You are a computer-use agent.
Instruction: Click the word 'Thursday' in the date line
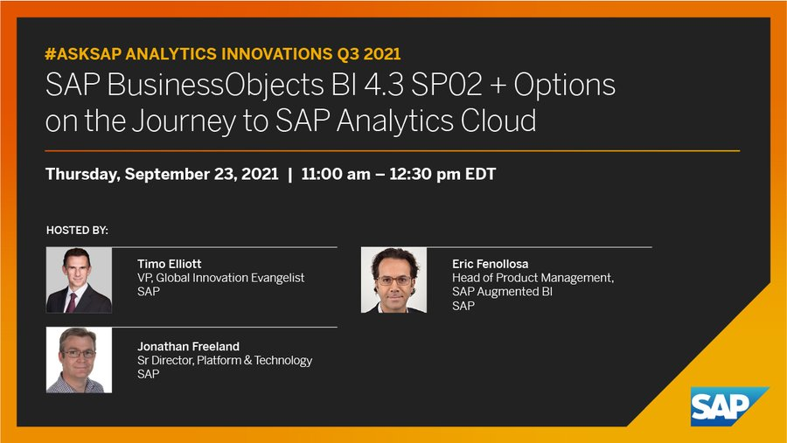(x=82, y=174)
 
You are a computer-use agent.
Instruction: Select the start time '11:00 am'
(x=333, y=174)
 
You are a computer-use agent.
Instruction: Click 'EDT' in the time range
(x=478, y=174)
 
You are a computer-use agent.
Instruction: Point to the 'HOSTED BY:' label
(x=77, y=231)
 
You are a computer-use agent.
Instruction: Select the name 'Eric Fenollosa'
(x=490, y=263)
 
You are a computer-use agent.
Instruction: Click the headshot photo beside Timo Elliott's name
(x=79, y=280)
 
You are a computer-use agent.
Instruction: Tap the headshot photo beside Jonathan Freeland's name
(x=79, y=360)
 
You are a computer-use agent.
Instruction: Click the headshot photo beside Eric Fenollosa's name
(x=393, y=280)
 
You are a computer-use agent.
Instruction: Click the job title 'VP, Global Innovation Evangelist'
(x=220, y=278)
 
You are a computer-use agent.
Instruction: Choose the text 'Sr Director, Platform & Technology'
(x=225, y=360)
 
